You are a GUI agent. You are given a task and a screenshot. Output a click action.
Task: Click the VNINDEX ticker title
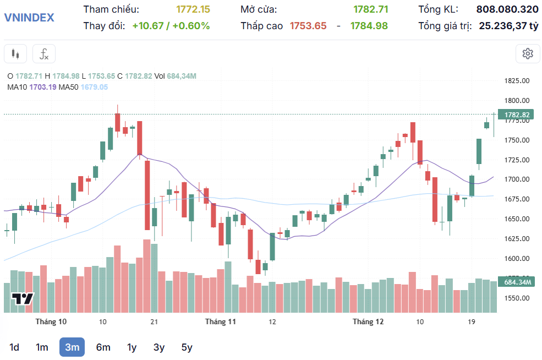coord(29,17)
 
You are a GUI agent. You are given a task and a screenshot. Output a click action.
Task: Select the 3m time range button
coord(72,347)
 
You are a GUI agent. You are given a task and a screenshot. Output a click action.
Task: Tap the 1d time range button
coord(14,347)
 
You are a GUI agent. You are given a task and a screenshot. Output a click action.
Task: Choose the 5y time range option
coord(187,347)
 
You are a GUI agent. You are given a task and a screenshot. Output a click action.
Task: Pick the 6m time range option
coord(103,347)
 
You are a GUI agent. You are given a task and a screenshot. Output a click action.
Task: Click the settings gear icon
coord(528,53)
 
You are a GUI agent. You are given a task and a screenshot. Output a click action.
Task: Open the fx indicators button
coord(44,54)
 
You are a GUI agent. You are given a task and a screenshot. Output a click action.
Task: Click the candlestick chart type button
coord(15,54)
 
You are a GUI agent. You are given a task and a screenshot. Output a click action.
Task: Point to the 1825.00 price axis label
coord(517,81)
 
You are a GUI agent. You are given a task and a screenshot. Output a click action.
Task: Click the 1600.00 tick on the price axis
coord(517,259)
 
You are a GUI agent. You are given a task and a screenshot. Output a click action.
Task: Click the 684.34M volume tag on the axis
coord(517,282)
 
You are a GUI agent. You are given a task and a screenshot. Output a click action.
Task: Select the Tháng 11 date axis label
coord(221,321)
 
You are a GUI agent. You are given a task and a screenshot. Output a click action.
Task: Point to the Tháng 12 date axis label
coord(368,321)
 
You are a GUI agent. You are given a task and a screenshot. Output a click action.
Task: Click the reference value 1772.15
coord(193,9)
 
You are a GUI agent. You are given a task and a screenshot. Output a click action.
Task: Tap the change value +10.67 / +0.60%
coord(171,25)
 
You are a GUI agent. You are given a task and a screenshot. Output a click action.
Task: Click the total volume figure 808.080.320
coord(507,9)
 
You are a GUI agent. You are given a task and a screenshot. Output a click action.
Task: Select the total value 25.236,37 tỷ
coord(508,25)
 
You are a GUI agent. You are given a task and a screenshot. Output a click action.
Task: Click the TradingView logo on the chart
coord(23,299)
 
